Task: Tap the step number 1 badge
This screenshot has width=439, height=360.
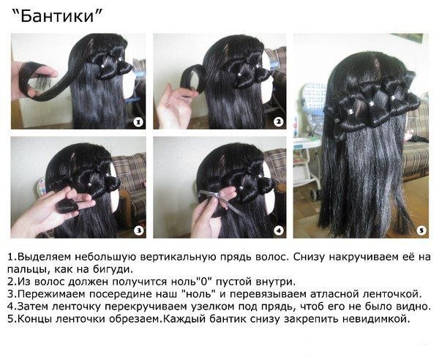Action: point(138,122)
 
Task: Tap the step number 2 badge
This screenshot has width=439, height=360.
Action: point(278,122)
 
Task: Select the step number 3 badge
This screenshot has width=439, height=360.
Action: point(139,230)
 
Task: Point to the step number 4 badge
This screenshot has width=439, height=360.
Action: point(279,230)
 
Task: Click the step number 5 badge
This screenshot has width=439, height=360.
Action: point(421,230)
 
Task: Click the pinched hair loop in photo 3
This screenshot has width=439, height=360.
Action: point(67,206)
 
